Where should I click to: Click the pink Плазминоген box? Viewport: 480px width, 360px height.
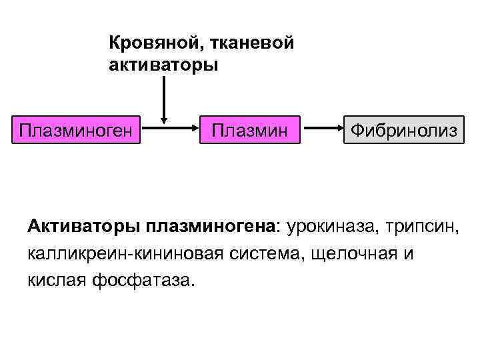(79, 129)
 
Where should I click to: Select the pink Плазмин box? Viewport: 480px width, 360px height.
(249, 129)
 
